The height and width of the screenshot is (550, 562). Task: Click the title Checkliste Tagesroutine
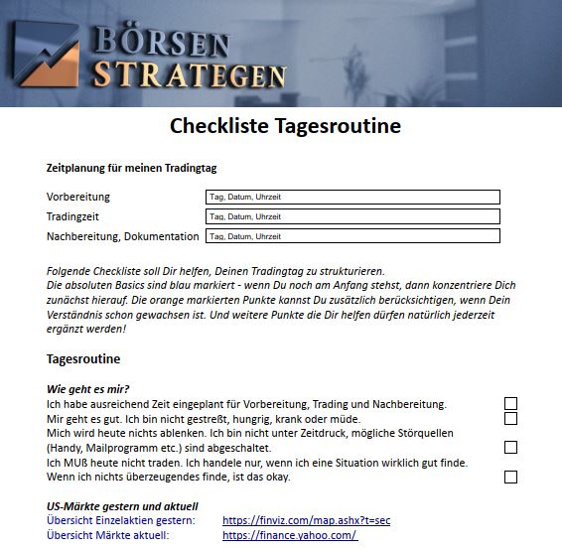click(x=285, y=126)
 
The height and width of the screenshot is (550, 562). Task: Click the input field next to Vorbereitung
click(x=351, y=197)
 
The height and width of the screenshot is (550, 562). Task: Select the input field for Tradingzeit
click(x=351, y=216)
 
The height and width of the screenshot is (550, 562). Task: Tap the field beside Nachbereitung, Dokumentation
click(x=351, y=236)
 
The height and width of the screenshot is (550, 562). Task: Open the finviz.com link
click(x=306, y=520)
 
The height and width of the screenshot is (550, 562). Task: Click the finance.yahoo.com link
click(x=290, y=535)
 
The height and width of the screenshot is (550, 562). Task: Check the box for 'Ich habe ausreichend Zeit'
click(x=510, y=404)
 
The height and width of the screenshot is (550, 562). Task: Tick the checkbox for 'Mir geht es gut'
click(x=510, y=419)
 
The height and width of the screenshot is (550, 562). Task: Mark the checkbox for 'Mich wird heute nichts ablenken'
click(x=510, y=448)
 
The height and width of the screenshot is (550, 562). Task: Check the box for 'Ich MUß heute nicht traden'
click(x=510, y=477)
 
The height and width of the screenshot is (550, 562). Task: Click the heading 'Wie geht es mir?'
click(x=88, y=388)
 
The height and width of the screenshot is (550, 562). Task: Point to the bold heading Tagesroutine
click(x=83, y=358)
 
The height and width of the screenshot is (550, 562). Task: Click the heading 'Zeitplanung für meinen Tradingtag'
click(x=138, y=168)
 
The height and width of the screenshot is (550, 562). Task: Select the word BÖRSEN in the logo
click(x=164, y=43)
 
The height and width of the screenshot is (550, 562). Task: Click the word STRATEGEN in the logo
click(x=189, y=73)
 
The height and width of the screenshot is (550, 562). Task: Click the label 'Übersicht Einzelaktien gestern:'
click(x=121, y=520)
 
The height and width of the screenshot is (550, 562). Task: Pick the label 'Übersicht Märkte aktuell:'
click(x=109, y=535)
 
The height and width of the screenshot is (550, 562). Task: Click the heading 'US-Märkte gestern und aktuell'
click(x=122, y=506)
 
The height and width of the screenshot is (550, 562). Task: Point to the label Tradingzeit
click(x=72, y=216)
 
